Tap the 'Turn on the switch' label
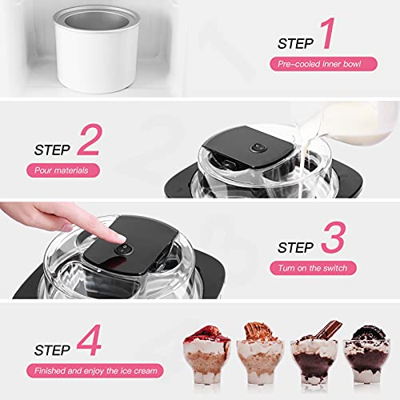pos(309,266)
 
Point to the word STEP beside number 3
pos(298,246)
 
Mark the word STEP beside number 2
pos(54,149)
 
